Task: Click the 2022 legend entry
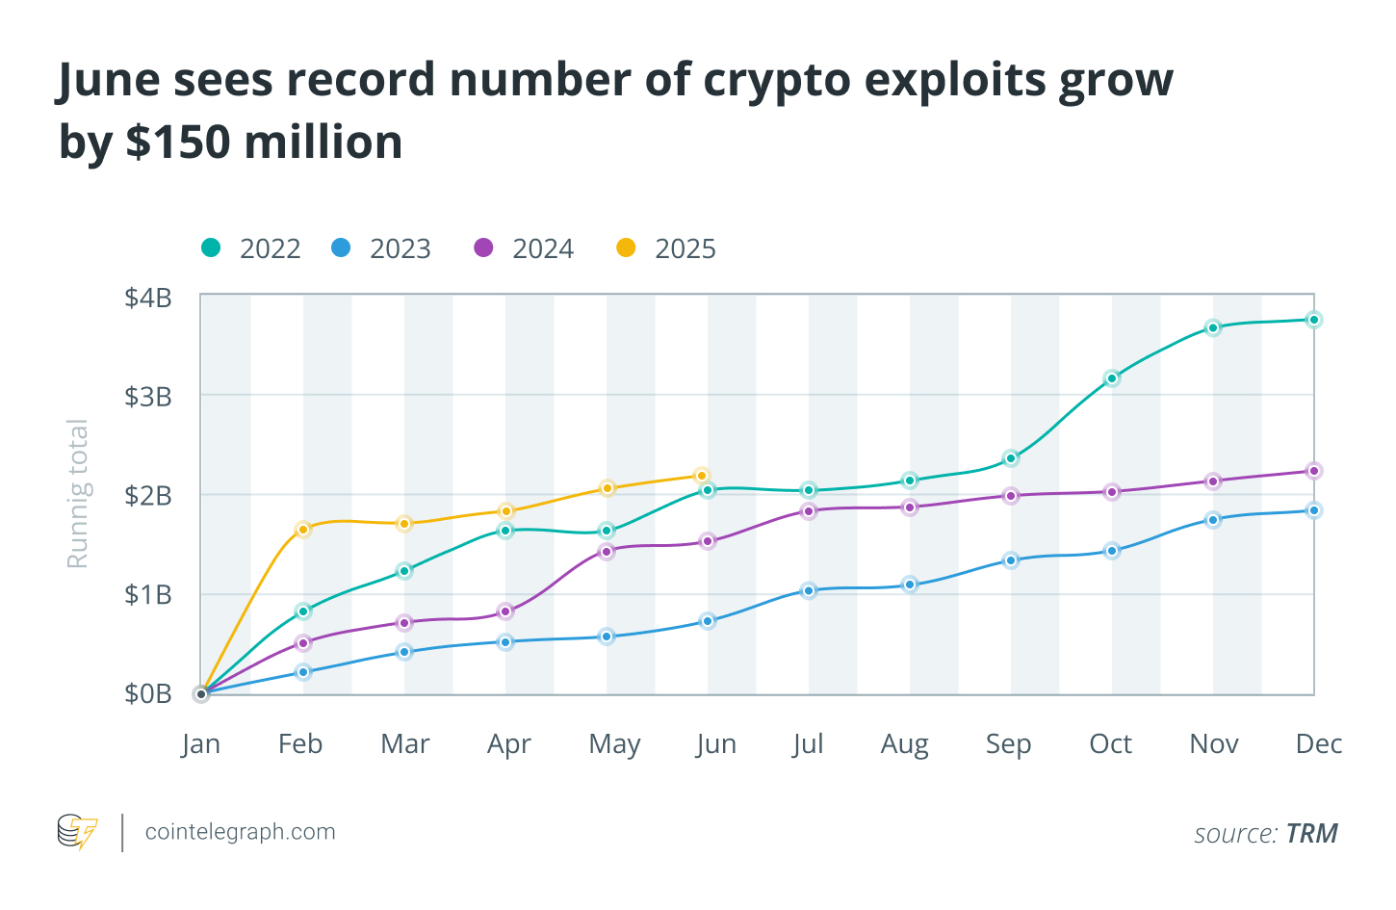coord(251,248)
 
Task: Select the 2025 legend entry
coord(666,248)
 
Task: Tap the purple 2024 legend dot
coord(483,247)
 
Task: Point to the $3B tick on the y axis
coord(148,396)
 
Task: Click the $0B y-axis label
coord(148,693)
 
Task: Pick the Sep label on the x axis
coord(1008,743)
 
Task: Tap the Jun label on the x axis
coord(716,743)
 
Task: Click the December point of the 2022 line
coord(1313,320)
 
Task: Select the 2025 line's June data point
coord(702,476)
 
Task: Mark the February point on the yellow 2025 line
coord(303,529)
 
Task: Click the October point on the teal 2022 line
coord(1112,378)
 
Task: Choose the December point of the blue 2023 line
coord(1313,510)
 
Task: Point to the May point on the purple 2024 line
coord(607,552)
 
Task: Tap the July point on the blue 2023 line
coord(809,590)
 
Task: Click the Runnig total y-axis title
coord(77,493)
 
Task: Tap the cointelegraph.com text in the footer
coord(240,832)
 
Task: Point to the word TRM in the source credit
coord(1311,833)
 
